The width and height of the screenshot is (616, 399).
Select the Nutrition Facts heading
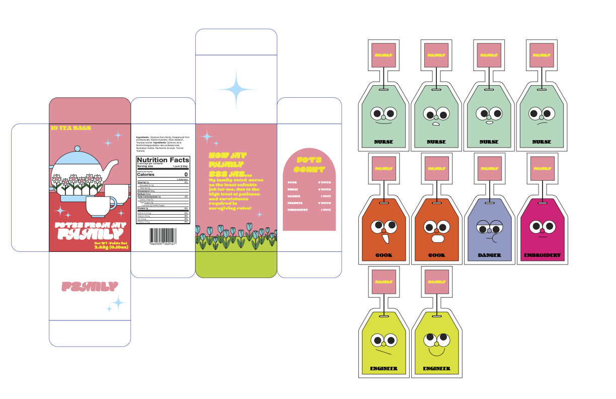[x=163, y=160]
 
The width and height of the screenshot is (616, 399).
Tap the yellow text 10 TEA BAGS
[x=71, y=128]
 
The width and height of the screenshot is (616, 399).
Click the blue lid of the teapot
[x=77, y=157]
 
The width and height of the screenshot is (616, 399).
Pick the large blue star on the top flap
[x=236, y=89]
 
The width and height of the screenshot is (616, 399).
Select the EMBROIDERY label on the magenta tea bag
[x=542, y=255]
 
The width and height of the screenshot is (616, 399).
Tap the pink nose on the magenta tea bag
[x=542, y=230]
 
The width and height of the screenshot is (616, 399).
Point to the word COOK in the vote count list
[x=292, y=182]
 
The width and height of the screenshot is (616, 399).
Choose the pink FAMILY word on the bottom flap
[x=90, y=287]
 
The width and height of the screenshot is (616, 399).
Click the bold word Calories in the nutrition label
[x=146, y=174]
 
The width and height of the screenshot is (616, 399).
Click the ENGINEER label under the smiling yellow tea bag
[x=436, y=368]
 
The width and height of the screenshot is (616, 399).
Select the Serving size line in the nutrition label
[x=147, y=166]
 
